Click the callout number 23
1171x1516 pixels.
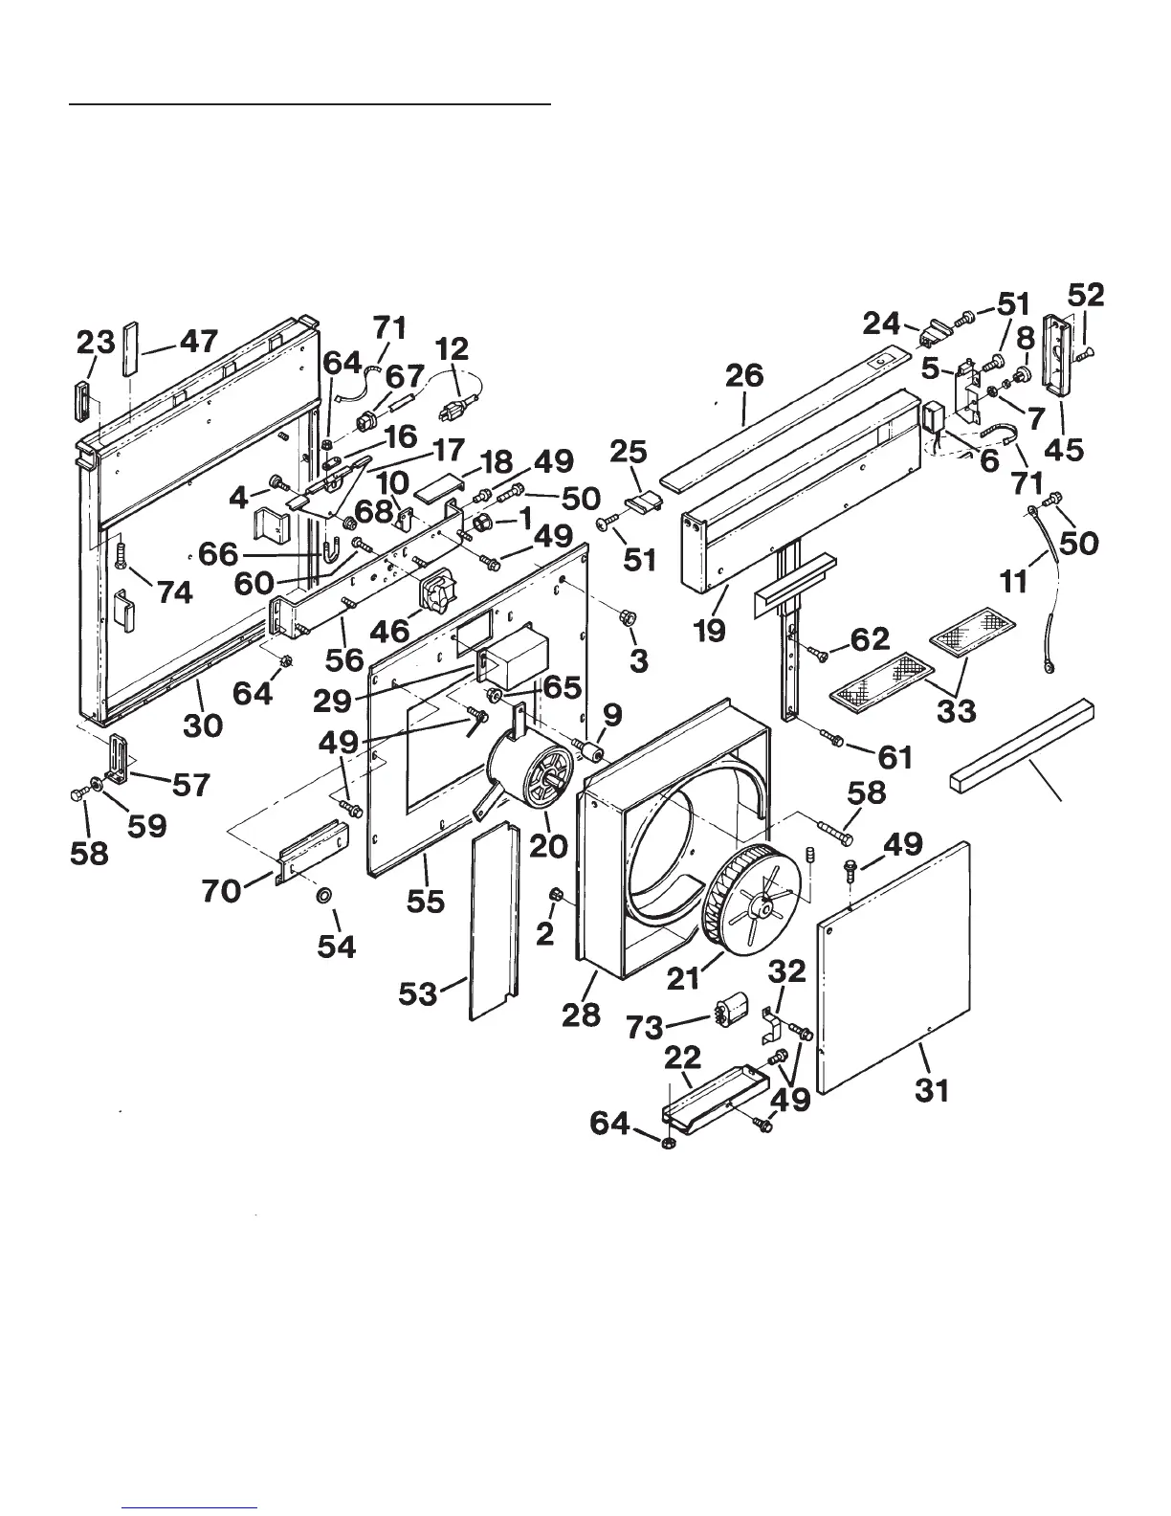tap(97, 342)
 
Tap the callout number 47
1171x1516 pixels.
tap(199, 341)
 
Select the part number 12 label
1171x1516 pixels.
tap(453, 349)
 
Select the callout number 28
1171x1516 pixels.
tap(581, 1014)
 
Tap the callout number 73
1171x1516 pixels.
tap(646, 1027)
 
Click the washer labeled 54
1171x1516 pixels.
tap(323, 896)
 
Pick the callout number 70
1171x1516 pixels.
tap(221, 890)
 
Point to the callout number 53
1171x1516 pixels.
tap(418, 993)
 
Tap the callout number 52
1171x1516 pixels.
tap(1085, 295)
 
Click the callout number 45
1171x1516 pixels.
tap(1064, 448)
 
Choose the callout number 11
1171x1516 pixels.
tap(1014, 580)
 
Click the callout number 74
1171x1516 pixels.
tap(174, 592)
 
